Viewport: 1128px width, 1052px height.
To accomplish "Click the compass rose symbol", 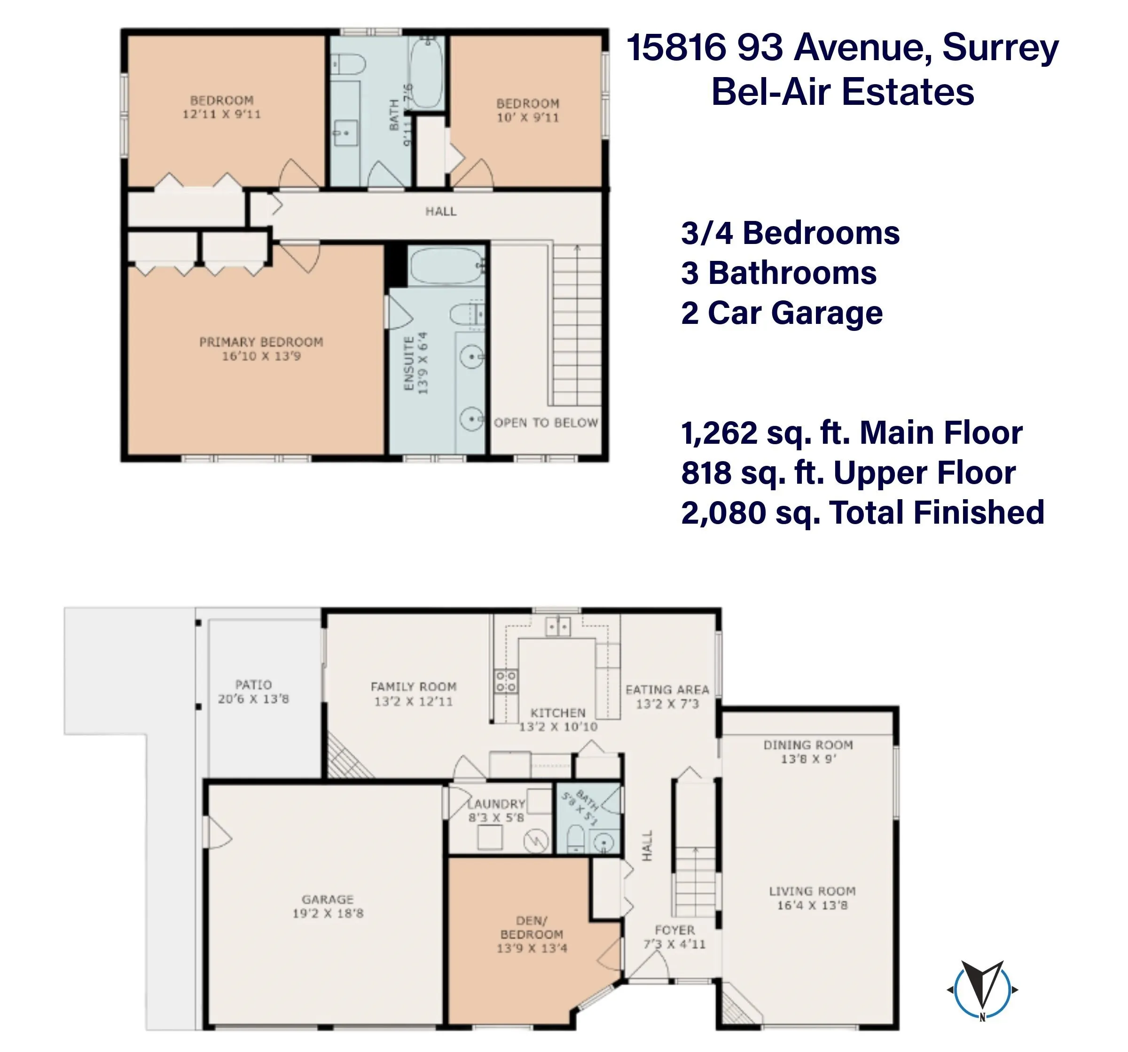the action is [x=982, y=990].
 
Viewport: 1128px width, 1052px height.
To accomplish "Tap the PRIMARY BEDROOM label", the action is [x=261, y=342].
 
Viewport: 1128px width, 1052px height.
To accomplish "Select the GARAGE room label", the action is [x=328, y=899].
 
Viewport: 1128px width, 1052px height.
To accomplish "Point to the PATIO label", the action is [x=254, y=685].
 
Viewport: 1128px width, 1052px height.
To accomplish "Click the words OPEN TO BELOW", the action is [x=546, y=423].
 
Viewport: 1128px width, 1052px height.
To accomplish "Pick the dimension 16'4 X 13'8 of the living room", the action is [x=812, y=905].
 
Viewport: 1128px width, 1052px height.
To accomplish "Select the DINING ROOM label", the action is [x=808, y=745].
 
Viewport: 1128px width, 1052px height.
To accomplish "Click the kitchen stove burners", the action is [x=506, y=681].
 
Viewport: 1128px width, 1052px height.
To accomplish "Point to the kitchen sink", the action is [x=558, y=627].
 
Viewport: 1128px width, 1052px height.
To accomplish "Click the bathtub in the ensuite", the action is [x=446, y=266].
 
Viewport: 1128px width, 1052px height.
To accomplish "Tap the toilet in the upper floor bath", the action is [x=347, y=64].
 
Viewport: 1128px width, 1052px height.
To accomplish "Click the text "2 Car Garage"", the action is [x=782, y=313].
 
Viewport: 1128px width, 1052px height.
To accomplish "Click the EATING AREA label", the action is [x=667, y=690].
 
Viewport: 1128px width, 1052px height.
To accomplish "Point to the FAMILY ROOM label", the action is [x=414, y=687].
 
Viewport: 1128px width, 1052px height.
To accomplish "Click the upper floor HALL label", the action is [x=441, y=212].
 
